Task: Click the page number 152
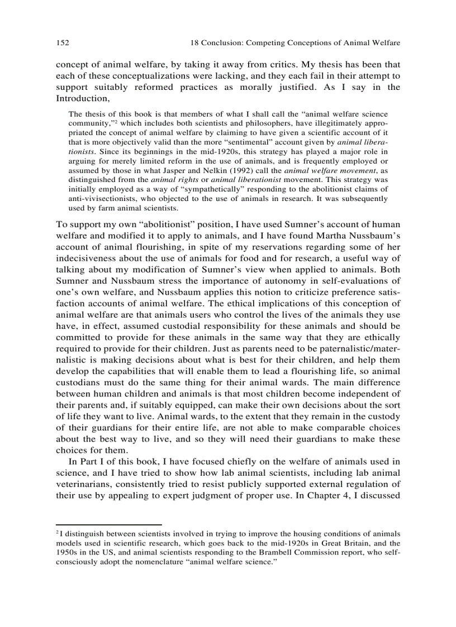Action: click(x=62, y=42)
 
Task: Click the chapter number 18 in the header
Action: click(x=195, y=42)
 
